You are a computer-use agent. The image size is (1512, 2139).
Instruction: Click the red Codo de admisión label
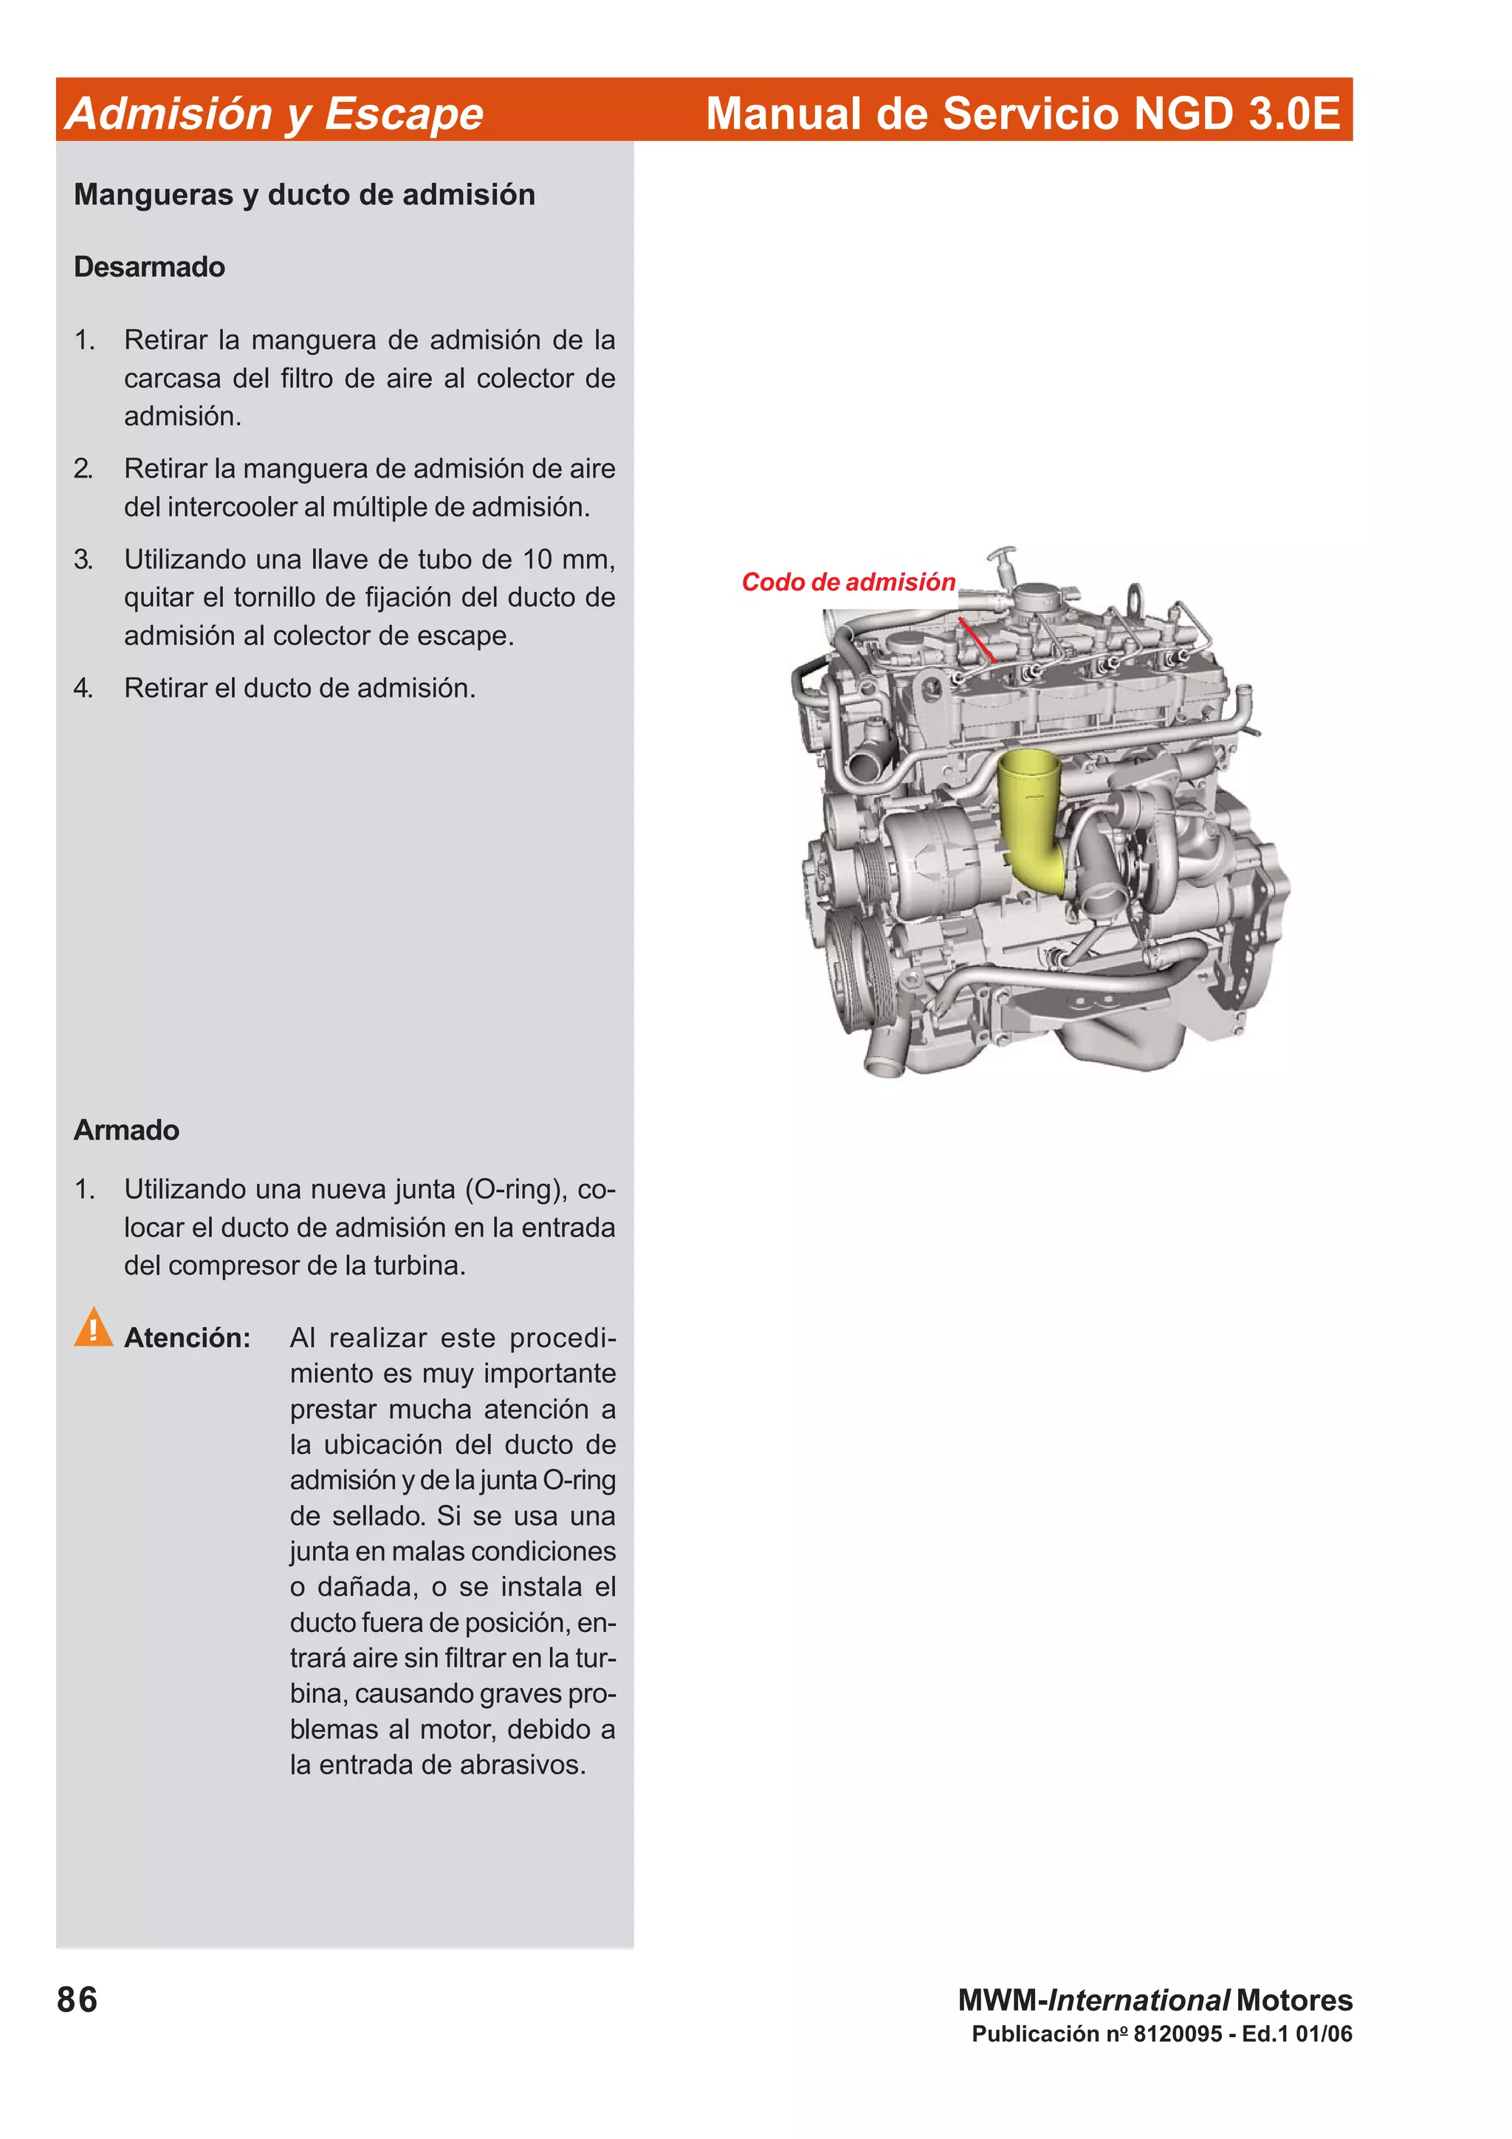click(x=848, y=582)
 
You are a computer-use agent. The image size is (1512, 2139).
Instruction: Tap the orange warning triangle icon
click(x=93, y=1328)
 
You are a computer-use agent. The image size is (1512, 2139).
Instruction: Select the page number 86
click(x=78, y=2000)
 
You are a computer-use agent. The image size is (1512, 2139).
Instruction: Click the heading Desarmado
click(x=149, y=267)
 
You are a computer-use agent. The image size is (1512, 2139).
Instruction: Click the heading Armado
click(x=127, y=1130)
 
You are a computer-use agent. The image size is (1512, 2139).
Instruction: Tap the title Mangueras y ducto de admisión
click(x=305, y=195)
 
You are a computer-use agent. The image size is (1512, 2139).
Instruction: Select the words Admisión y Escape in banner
click(x=275, y=114)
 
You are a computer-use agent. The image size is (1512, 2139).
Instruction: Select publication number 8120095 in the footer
click(x=1177, y=2033)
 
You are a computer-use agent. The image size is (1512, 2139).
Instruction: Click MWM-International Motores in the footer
click(x=1155, y=2000)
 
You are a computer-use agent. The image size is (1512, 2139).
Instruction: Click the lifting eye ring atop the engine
click(x=1135, y=596)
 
